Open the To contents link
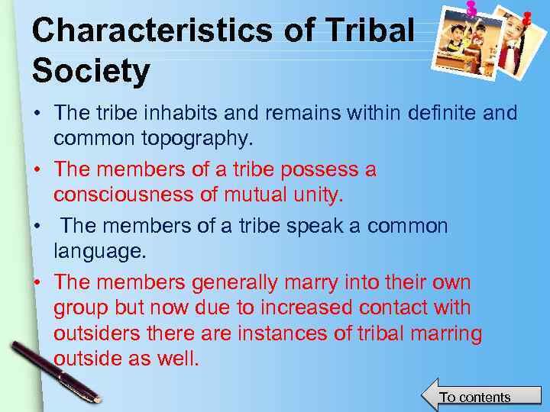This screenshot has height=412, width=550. [x=474, y=397]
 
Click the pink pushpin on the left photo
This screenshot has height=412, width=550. [x=471, y=8]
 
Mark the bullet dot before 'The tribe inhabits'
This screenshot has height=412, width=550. [x=37, y=114]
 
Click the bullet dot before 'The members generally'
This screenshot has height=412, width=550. [x=37, y=283]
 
